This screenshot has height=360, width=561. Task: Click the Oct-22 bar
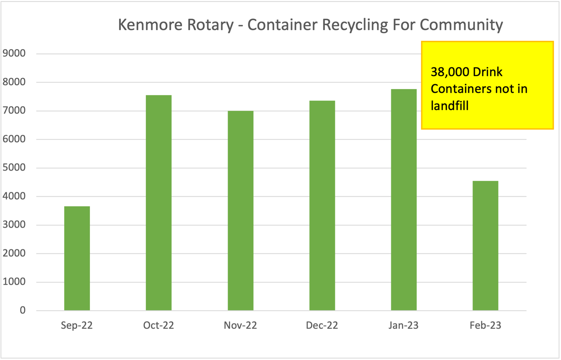158,203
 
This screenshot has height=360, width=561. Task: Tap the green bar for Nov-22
240,210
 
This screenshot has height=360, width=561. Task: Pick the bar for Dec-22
322,205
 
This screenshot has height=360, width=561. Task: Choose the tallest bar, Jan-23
403,200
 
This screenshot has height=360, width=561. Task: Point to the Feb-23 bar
485,245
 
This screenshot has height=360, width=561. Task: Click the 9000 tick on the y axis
14,53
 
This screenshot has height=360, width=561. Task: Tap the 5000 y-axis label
14,168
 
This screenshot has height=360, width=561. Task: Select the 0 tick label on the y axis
22,310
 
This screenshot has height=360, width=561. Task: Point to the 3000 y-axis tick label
14,225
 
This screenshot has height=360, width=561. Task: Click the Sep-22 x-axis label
77,325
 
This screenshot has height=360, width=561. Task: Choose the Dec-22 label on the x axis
322,325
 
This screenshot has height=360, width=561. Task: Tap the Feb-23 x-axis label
485,325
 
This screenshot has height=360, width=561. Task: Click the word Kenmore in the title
150,25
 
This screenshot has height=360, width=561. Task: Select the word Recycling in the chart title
355,25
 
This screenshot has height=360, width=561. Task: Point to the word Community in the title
461,25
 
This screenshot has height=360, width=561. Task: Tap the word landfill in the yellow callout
450,106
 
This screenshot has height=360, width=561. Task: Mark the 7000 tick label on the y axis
14,111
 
